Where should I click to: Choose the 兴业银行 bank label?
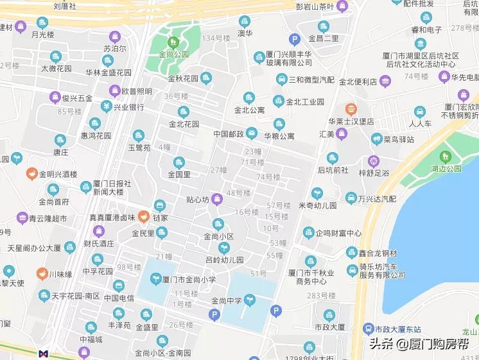pos(128,107)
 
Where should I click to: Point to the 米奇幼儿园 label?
pos(318,205)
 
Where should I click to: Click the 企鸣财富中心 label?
pos(338,234)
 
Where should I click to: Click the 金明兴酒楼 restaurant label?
pos(58,174)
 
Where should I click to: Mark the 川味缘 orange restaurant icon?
pos(42,273)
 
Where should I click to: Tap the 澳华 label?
pos(245,33)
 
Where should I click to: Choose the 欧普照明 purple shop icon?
pos(115,91)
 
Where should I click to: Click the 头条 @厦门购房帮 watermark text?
pos(421,343)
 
